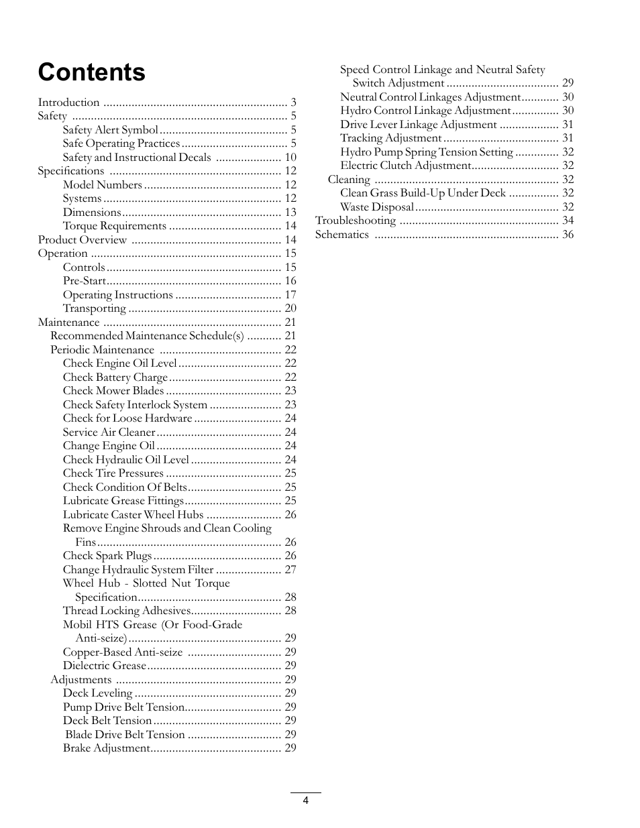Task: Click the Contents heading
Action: pyautogui.click(x=91, y=72)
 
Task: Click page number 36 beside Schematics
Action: pyautogui.click(x=568, y=235)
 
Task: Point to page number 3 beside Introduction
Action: pyautogui.click(x=293, y=103)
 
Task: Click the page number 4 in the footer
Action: pyautogui.click(x=305, y=801)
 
